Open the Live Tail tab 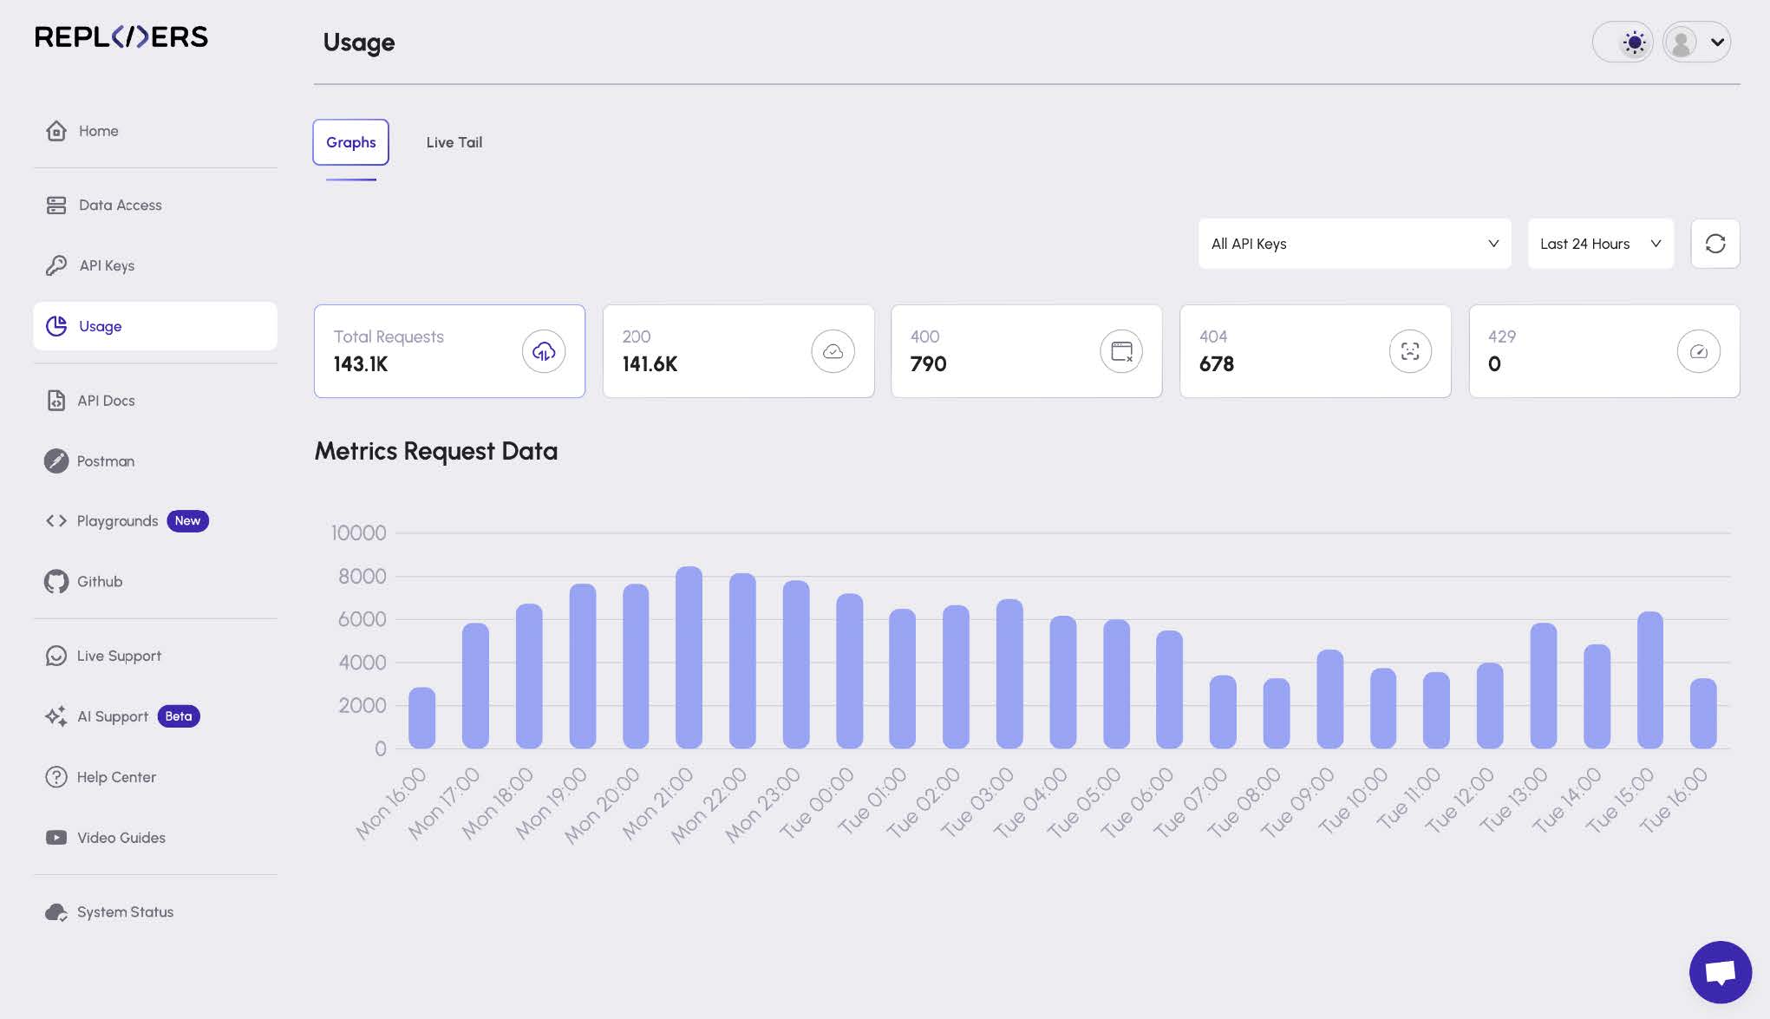click(x=454, y=142)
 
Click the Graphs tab click(x=350, y=142)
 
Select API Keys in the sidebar click(x=106, y=265)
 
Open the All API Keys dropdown click(x=1354, y=244)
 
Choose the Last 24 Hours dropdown click(x=1600, y=244)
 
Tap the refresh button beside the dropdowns click(x=1714, y=244)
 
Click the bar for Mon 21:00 click(x=689, y=657)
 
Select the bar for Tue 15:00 click(x=1649, y=680)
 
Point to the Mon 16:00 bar click(x=421, y=718)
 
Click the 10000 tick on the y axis click(x=358, y=532)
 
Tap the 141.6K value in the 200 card click(x=650, y=364)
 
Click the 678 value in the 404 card click(x=1216, y=364)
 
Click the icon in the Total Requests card click(x=544, y=351)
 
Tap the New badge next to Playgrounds click(x=187, y=520)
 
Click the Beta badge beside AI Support click(x=179, y=716)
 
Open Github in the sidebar click(x=99, y=581)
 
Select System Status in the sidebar click(x=124, y=911)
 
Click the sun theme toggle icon click(x=1634, y=42)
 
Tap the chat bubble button click(x=1720, y=971)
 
